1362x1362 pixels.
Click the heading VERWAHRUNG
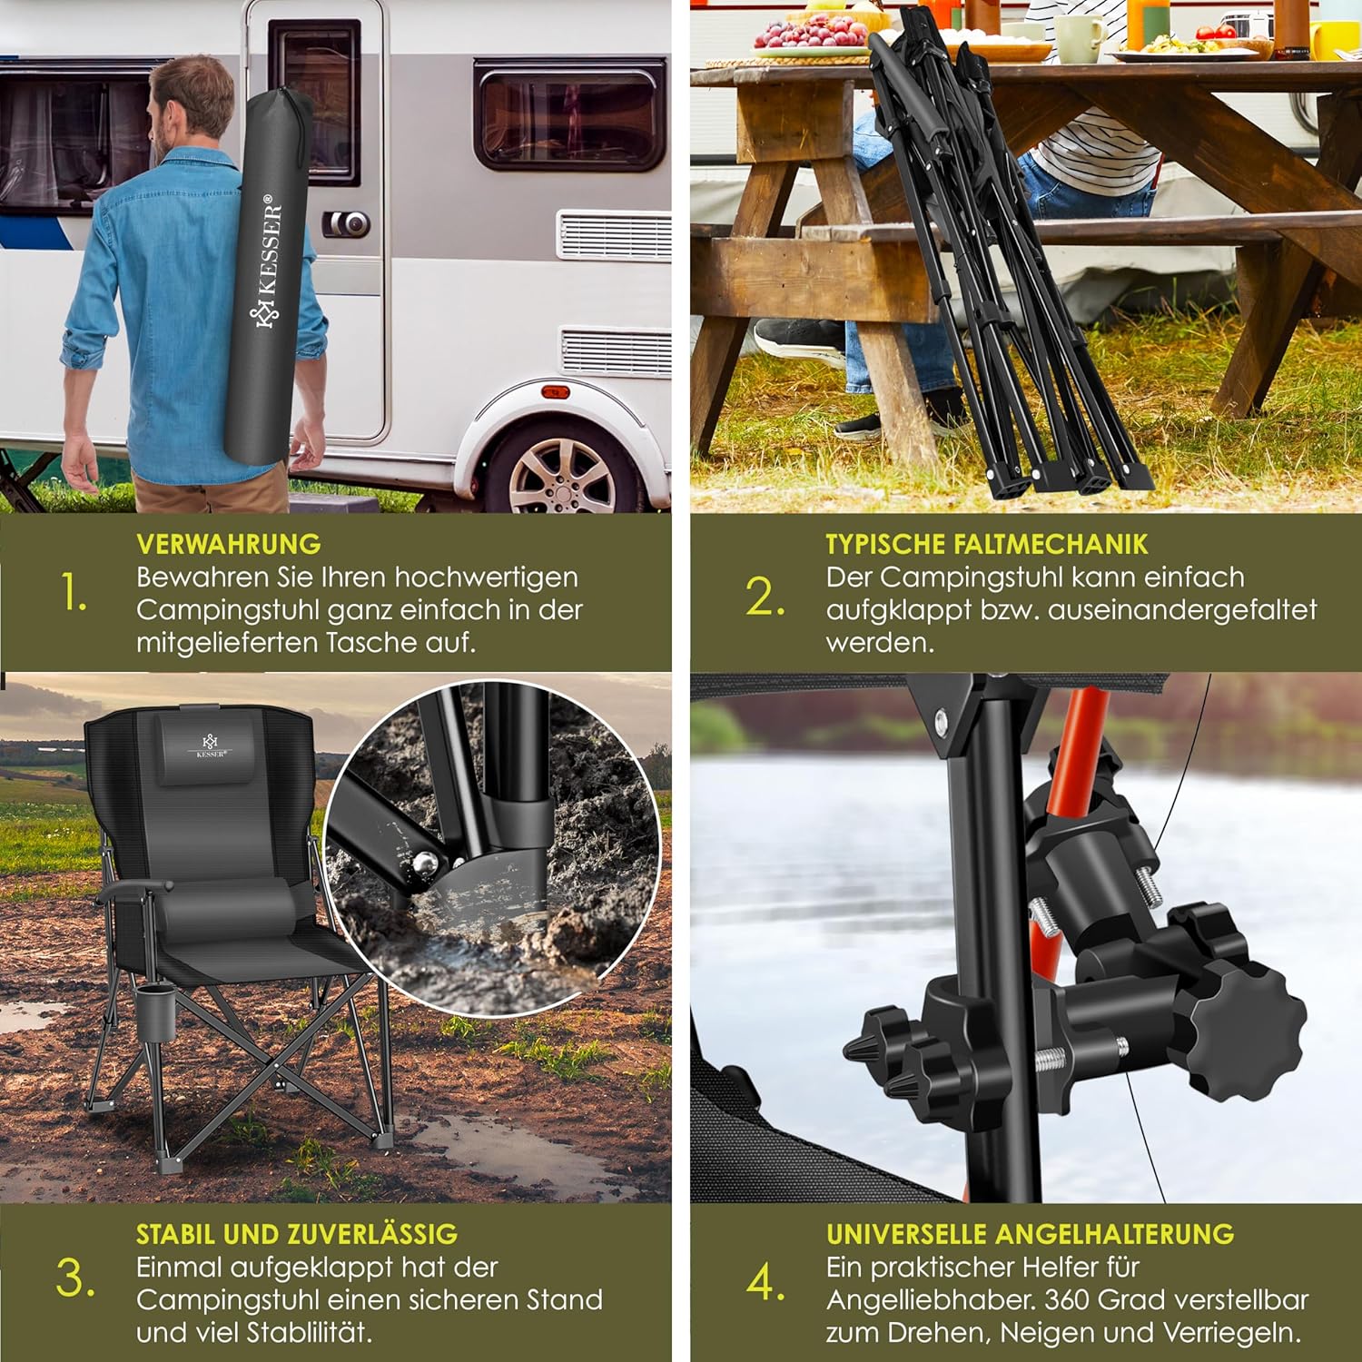(228, 544)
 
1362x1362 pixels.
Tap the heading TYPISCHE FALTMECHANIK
(986, 544)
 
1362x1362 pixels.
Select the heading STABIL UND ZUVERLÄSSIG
(296, 1234)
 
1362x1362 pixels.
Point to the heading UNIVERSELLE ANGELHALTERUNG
(1030, 1234)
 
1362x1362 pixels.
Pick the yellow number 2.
(765, 597)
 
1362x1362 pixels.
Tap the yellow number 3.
(74, 1278)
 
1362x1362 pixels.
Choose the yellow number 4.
(765, 1282)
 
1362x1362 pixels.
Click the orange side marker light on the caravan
(555, 392)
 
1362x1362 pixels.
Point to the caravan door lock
(348, 223)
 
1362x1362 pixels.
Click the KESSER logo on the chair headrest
(211, 745)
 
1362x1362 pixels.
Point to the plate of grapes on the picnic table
(811, 35)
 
